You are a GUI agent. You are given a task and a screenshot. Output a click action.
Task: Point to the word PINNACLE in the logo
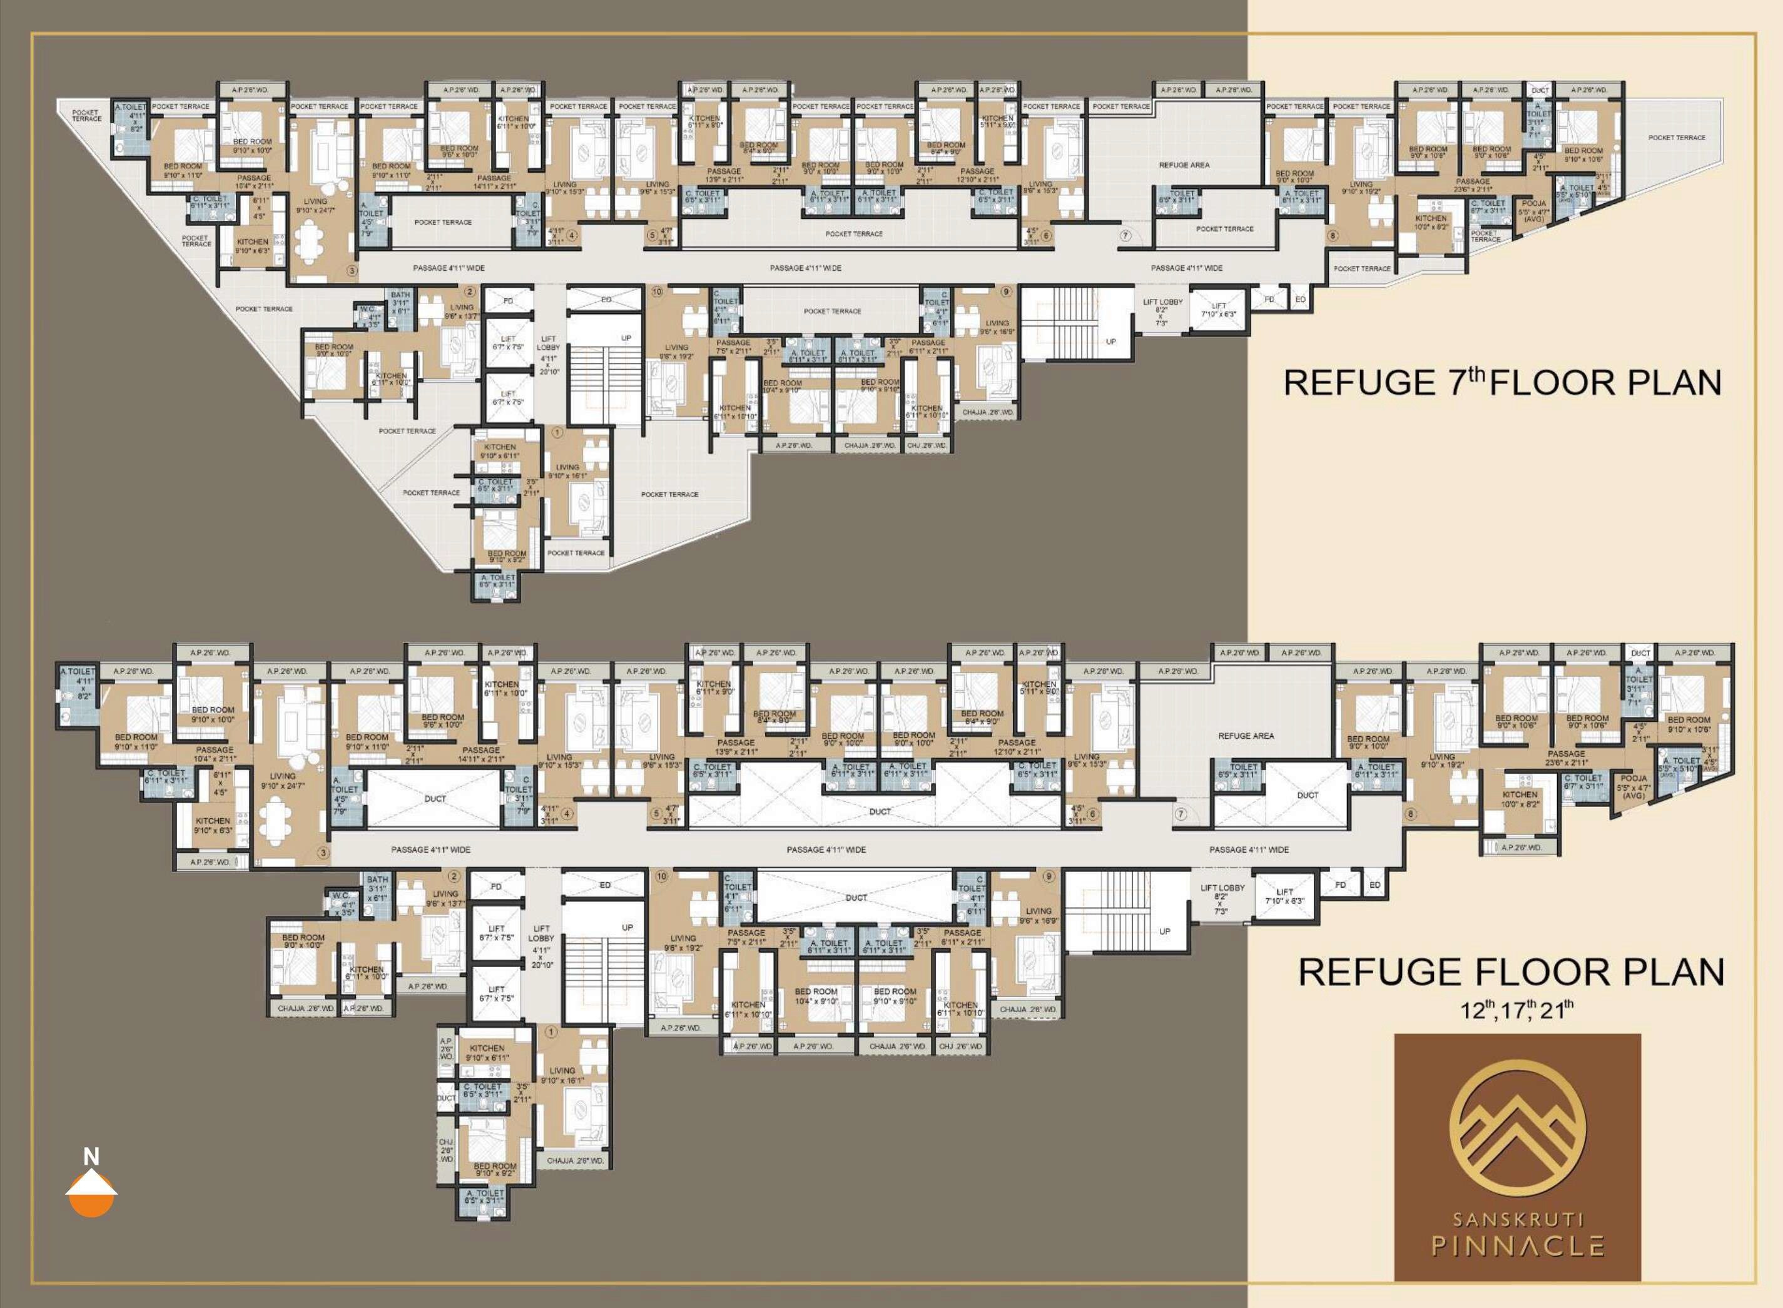(x=1517, y=1246)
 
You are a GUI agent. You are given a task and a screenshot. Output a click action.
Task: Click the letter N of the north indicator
(x=91, y=1157)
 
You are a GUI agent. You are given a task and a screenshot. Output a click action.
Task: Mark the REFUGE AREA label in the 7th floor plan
(x=1184, y=165)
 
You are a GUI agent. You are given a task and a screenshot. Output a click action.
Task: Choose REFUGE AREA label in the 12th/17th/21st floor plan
(x=1246, y=736)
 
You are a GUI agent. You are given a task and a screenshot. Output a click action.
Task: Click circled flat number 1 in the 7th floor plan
(x=557, y=433)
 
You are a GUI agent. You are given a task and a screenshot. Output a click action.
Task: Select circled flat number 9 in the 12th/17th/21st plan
(x=1049, y=876)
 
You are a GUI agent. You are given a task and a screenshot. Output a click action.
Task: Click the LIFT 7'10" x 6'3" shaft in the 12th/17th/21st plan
(x=1284, y=896)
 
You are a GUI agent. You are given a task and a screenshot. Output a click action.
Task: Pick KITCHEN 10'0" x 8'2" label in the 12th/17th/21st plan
(x=1520, y=798)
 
